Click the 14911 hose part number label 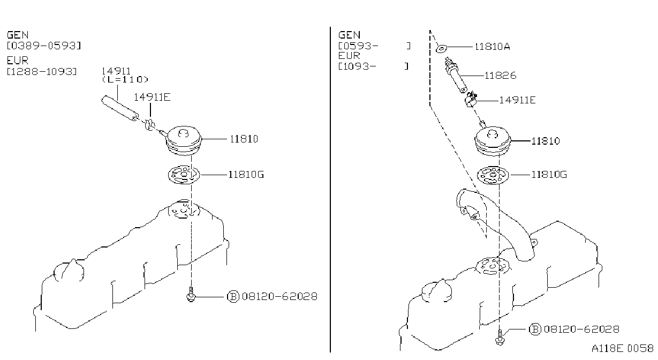pos(116,71)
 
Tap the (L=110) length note pos(125,79)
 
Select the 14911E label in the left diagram pos(152,97)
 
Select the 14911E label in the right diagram pos(518,100)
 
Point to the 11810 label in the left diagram pos(244,139)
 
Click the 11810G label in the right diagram pos(549,175)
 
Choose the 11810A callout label pos(493,47)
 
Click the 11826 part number pos(500,76)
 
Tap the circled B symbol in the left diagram pos(233,297)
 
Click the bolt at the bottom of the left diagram pos(191,295)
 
